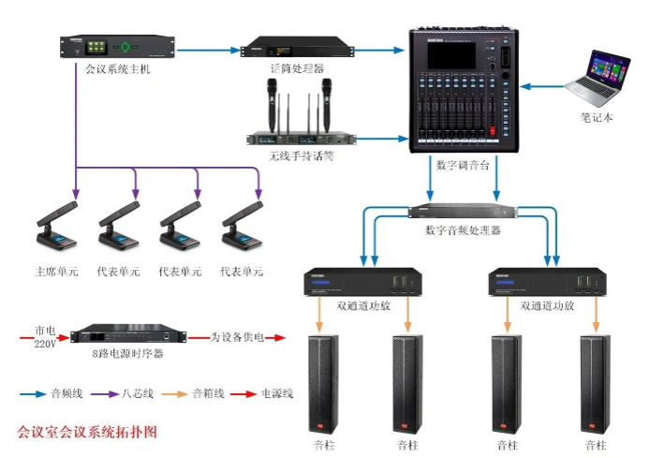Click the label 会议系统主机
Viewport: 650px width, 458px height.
[x=117, y=68]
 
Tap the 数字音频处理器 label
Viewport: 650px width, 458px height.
[x=462, y=229]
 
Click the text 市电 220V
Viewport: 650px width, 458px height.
[x=44, y=336]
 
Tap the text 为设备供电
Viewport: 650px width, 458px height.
[x=235, y=336]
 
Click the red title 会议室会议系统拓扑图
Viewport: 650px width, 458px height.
[x=87, y=432]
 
